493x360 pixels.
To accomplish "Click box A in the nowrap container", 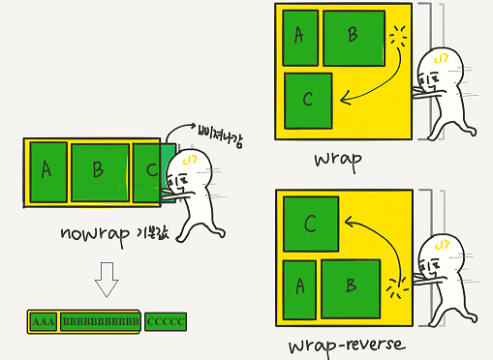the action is coord(48,172).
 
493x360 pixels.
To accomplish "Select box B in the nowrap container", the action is coord(100,172).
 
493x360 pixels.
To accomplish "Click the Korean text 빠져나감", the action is coord(221,137).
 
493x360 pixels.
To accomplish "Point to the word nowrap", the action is coord(95,234).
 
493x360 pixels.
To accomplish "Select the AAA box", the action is coord(44,321).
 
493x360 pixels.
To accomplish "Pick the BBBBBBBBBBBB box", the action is coord(101,321).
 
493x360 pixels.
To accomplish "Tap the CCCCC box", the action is coord(166,321).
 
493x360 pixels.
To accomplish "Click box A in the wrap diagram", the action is coord(300,38).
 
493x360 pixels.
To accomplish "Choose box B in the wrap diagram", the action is coord(354,38).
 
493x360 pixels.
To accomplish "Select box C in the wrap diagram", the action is coord(308,101).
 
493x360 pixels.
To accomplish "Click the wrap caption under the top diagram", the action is coord(338,161).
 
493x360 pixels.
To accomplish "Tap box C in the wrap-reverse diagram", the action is coord(311,224).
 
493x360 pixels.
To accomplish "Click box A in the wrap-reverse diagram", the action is coord(299,289).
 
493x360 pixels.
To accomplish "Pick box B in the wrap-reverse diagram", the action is coord(351,288).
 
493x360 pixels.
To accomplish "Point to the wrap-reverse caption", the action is coord(347,346).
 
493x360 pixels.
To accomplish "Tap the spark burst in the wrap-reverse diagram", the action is coord(397,287).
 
